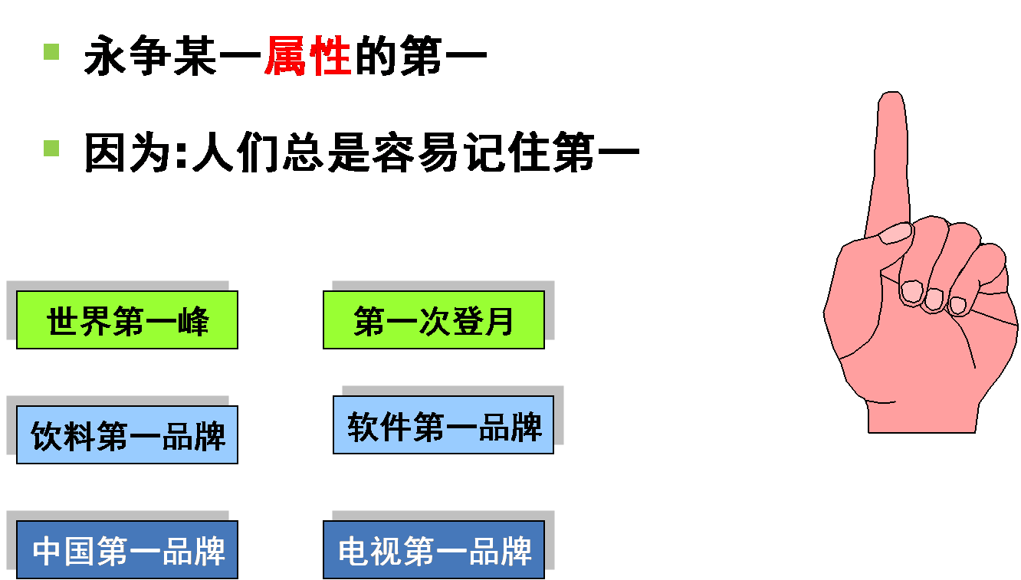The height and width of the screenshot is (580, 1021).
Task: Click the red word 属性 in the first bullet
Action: (307, 57)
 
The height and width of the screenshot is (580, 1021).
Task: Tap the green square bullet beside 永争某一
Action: (51, 51)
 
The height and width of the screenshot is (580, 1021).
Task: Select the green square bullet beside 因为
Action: (51, 148)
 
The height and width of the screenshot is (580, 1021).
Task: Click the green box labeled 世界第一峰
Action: (127, 320)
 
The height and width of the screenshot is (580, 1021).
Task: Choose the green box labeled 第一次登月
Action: (434, 320)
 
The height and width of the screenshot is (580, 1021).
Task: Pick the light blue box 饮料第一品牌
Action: (127, 435)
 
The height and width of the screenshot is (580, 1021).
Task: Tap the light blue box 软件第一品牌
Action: (443, 425)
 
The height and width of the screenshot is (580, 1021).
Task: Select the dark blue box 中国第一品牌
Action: (127, 550)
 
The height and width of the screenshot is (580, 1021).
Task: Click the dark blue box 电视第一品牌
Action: (434, 550)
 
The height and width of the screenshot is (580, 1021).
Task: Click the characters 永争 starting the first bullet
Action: (126, 57)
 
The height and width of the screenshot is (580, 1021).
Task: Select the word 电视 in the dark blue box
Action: (369, 551)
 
